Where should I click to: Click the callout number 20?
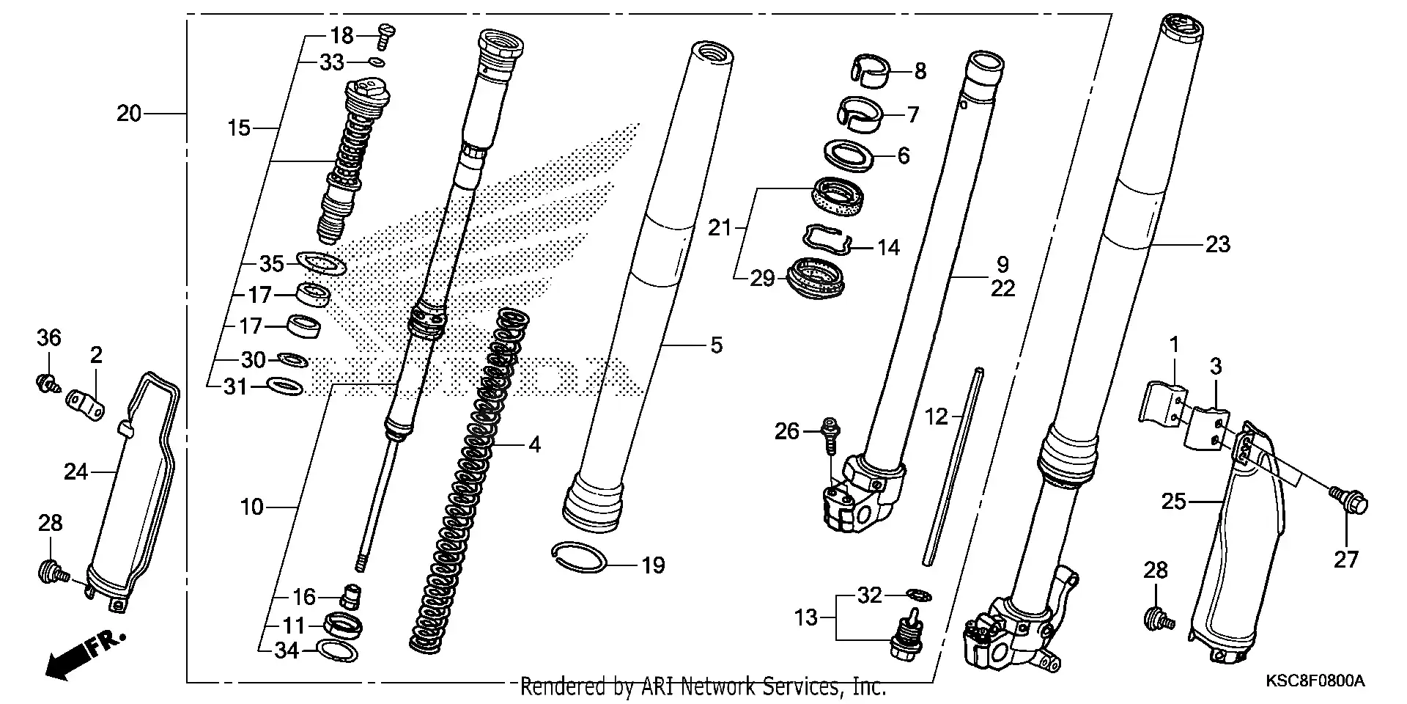click(x=128, y=114)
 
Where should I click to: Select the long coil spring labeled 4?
click(x=469, y=477)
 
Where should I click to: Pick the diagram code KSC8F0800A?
click(x=1315, y=681)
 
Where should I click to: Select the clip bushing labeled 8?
click(x=872, y=71)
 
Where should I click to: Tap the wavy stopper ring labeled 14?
click(x=829, y=240)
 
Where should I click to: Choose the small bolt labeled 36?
click(x=47, y=382)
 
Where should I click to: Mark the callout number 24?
click(x=75, y=472)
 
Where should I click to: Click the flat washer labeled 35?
click(x=320, y=263)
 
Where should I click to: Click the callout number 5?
click(x=716, y=345)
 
